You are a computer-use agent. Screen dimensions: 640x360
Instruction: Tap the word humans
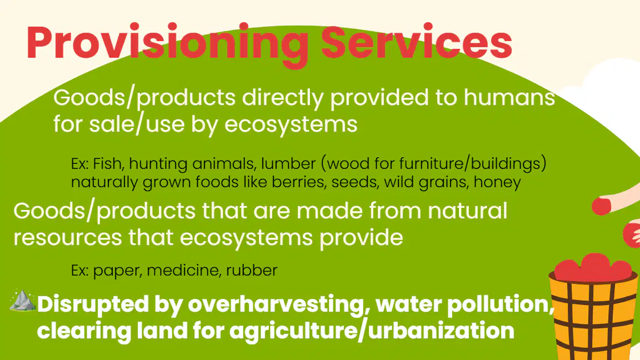click(x=509, y=97)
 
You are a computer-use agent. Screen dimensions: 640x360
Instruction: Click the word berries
click(x=298, y=182)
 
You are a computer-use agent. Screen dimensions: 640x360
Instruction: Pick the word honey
click(x=497, y=182)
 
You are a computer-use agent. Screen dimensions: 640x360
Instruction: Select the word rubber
click(x=252, y=270)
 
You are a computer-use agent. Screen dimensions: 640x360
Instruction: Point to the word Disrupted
click(x=93, y=304)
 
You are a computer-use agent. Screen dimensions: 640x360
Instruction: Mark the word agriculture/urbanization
click(x=372, y=331)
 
